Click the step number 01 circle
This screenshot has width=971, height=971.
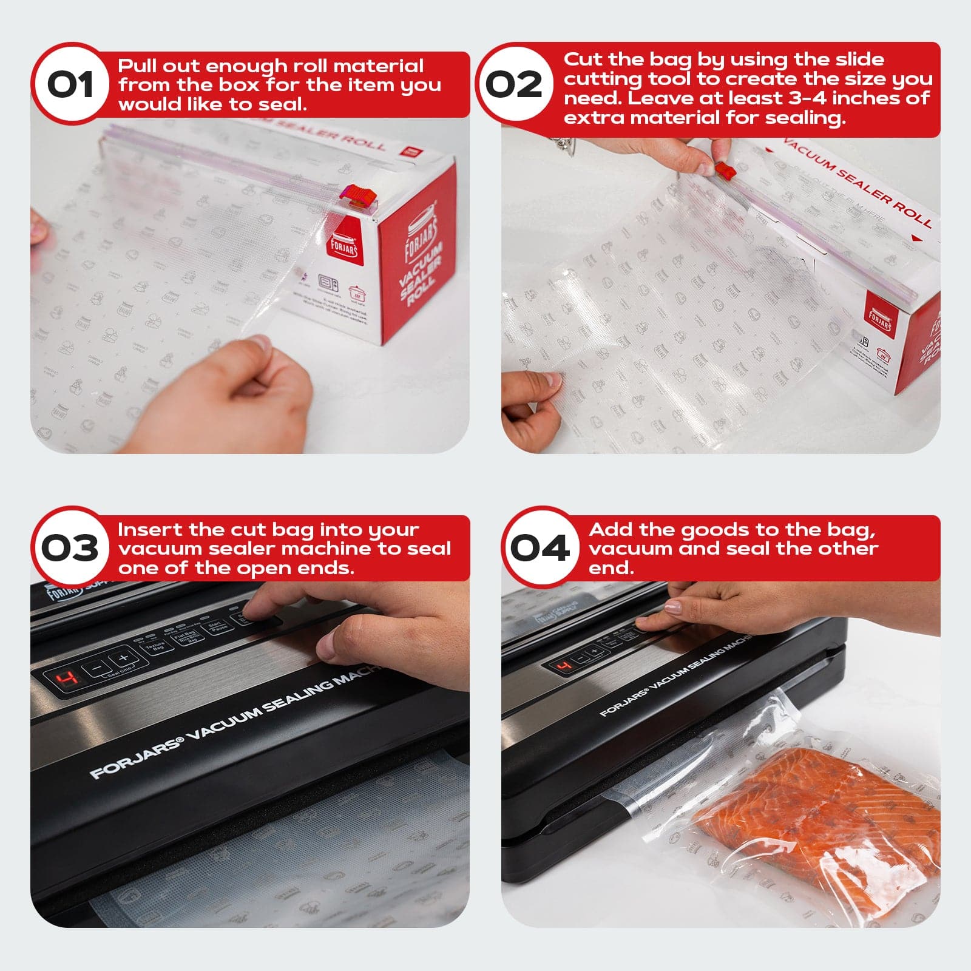coord(71,84)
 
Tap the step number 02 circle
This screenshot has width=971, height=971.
coord(513,84)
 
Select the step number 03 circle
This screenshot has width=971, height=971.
coord(71,547)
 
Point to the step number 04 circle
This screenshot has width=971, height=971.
coord(539,547)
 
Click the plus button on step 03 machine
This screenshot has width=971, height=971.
coord(124,659)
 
